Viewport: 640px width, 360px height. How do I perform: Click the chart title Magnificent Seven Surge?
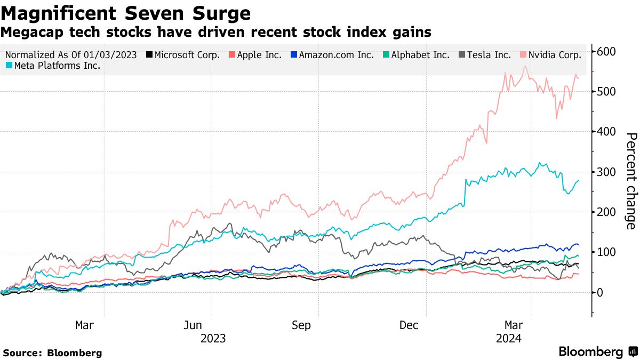point(126,12)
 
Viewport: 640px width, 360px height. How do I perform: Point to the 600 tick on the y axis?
point(606,52)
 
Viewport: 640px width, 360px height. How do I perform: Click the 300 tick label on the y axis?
point(606,172)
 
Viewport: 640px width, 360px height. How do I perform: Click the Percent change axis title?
point(630,181)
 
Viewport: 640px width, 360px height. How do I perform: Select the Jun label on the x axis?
point(193,325)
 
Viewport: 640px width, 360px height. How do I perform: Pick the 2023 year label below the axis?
point(213,338)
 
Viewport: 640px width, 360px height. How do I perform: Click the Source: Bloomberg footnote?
point(52,353)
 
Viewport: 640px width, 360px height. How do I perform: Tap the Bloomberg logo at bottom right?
point(597,351)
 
